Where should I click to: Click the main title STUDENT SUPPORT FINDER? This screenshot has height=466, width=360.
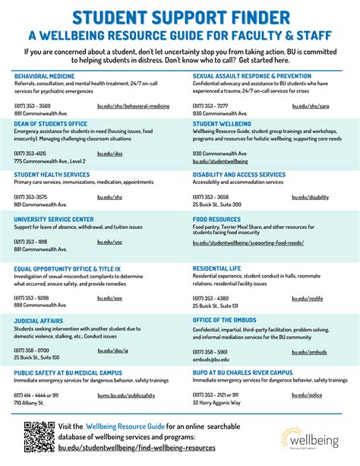pyautogui.click(x=179, y=16)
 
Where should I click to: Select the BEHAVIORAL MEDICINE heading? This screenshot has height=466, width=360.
pyautogui.click(x=44, y=77)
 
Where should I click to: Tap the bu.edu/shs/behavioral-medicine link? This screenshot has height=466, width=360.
pyautogui.click(x=133, y=106)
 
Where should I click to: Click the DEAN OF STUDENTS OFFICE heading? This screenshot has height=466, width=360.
pyautogui.click(x=50, y=124)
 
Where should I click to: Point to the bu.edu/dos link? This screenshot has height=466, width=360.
pyautogui.click(x=109, y=154)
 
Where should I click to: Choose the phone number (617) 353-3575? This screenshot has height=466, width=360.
pyautogui.click(x=30, y=197)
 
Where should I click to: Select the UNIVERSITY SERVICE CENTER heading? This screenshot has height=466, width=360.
pyautogui.click(x=53, y=220)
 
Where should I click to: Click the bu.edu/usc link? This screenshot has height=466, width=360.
pyautogui.click(x=109, y=242)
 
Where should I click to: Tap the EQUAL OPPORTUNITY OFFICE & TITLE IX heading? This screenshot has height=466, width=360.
pyautogui.click(x=67, y=268)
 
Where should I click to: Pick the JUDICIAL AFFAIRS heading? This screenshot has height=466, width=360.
pyautogui.click(x=38, y=321)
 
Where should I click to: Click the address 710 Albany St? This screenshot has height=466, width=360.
pyautogui.click(x=30, y=403)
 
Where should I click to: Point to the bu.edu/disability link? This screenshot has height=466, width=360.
pyautogui.click(x=310, y=197)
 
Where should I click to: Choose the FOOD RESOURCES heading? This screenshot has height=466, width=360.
pyautogui.click(x=216, y=220)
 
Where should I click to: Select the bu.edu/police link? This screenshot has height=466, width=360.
pyautogui.click(x=306, y=395)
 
